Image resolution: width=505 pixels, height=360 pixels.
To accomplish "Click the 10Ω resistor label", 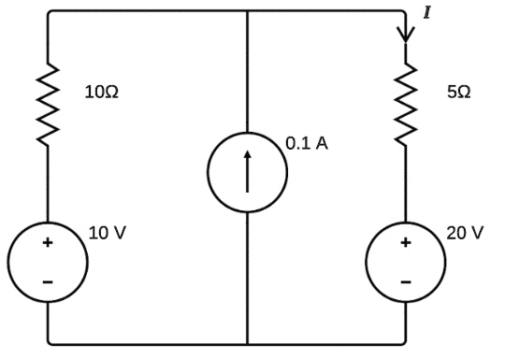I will [x=101, y=93].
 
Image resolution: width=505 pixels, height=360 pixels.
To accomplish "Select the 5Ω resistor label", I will [x=457, y=93].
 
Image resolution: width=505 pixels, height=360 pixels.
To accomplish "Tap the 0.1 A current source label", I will [x=307, y=145].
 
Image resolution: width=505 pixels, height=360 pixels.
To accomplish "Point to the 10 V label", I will [x=107, y=232].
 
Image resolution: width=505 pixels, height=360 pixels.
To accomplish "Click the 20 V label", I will [x=465, y=232].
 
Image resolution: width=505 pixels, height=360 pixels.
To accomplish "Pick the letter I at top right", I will [x=427, y=12].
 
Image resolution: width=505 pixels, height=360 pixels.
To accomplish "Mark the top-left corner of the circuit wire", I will [x=49, y=11].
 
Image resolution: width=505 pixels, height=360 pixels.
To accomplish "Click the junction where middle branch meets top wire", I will [x=247, y=11].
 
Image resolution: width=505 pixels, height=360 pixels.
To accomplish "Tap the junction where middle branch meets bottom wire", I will [x=247, y=344].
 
